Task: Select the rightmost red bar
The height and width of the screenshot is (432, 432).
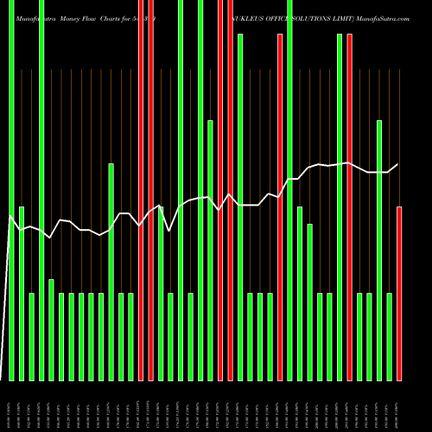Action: click(399, 294)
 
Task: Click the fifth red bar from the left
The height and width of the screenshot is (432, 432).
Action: click(280, 207)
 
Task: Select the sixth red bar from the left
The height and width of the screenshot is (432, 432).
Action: click(349, 207)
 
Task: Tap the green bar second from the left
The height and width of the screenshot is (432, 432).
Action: click(22, 294)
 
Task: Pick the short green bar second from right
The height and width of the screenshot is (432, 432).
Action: click(389, 337)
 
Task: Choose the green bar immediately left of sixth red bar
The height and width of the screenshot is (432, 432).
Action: click(340, 207)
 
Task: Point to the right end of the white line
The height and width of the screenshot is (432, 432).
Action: click(398, 164)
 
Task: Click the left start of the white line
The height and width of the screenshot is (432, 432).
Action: click(10, 216)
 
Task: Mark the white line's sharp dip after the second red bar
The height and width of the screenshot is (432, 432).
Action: click(169, 231)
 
